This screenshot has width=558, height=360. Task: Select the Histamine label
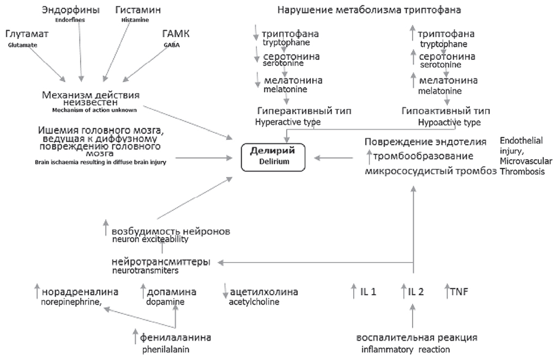click(134, 20)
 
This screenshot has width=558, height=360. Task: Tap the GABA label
click(171, 45)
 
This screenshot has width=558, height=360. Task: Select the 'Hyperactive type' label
click(288, 122)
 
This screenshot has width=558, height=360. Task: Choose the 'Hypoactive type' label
click(449, 122)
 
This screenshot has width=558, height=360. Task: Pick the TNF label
click(458, 292)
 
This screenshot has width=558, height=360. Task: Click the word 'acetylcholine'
click(254, 302)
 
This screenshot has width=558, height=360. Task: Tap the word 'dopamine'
click(165, 302)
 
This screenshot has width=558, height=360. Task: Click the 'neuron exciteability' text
click(150, 239)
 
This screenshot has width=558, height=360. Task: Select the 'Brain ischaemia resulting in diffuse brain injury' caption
click(101, 162)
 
